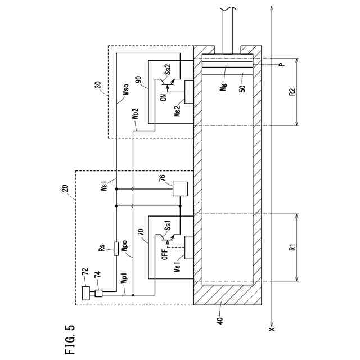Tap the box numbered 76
[180, 188]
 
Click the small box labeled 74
[98, 293]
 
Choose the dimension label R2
[292, 91]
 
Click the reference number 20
[65, 189]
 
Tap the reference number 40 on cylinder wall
[220, 321]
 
